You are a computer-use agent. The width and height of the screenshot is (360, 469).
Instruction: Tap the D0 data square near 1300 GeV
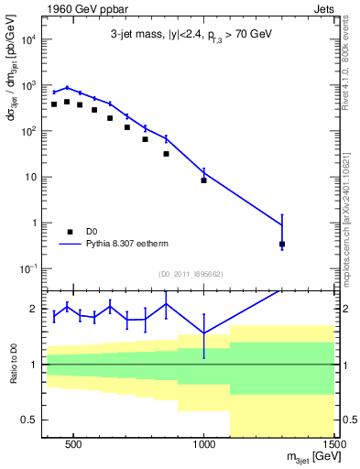click(282, 245)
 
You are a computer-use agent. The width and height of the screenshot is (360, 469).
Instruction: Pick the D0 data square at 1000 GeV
click(203, 180)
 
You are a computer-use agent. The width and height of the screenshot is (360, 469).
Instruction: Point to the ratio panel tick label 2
click(34, 309)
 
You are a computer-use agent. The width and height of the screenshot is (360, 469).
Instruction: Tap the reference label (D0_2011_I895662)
click(190, 274)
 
